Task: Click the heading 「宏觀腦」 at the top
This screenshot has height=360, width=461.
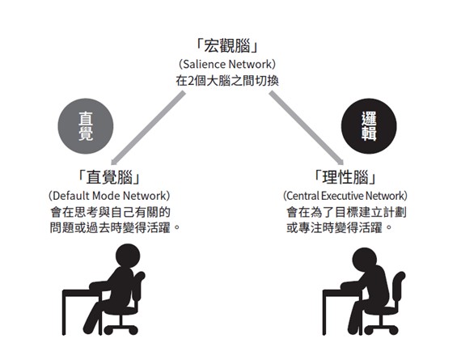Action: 227,47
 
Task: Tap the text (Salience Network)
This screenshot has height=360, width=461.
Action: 227,64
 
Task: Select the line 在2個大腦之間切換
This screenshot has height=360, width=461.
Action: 227,81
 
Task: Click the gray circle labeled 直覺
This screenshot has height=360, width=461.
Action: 86,126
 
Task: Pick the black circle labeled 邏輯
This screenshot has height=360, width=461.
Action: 369,126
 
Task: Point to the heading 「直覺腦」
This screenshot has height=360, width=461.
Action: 109,177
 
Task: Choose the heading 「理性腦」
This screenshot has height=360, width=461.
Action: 345,177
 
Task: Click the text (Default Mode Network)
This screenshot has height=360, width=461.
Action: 109,196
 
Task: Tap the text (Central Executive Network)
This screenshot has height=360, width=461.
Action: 345,196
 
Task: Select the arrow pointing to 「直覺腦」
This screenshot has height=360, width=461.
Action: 148,129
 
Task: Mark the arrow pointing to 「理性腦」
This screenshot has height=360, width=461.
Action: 306,129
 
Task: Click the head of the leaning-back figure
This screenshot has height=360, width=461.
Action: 128,256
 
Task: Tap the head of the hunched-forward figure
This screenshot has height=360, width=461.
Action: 365,260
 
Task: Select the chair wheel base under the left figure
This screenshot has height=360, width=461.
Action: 121,327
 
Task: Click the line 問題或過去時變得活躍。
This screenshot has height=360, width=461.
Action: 115,227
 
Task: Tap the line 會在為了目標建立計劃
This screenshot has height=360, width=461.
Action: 346,212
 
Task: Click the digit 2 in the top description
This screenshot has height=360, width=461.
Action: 191,81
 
